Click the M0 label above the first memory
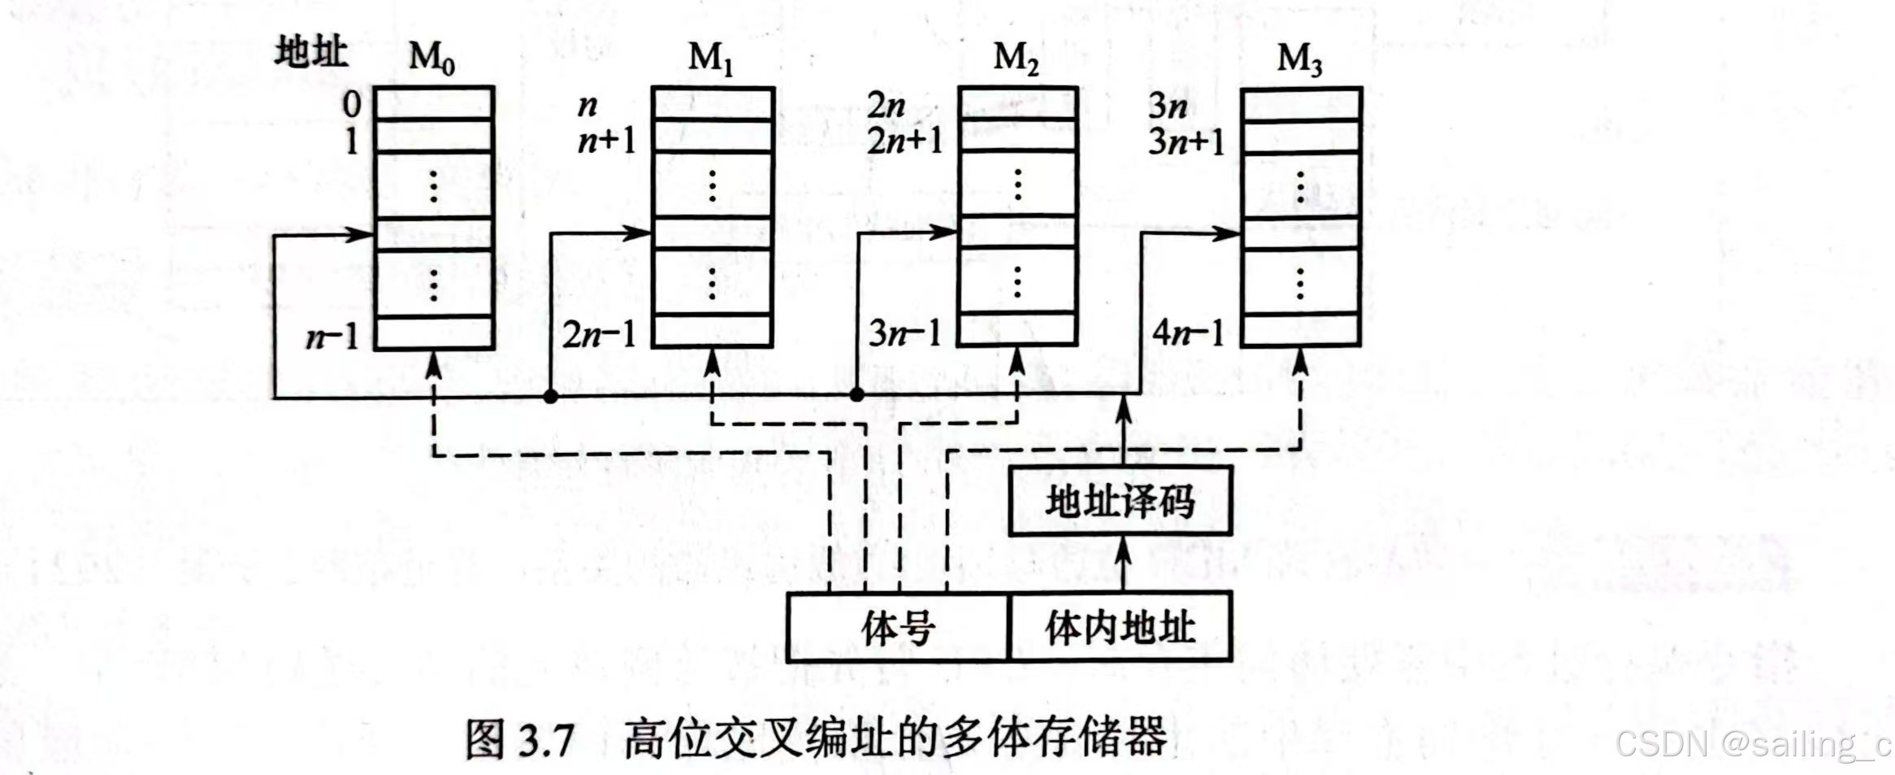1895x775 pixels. (x=431, y=58)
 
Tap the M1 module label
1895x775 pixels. (x=710, y=58)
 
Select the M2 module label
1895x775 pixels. (x=1016, y=58)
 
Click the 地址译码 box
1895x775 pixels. (x=1121, y=501)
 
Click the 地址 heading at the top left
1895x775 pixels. (x=311, y=53)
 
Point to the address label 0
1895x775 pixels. (x=351, y=104)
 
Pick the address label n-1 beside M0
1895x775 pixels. (x=332, y=335)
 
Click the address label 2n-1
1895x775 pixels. (x=599, y=334)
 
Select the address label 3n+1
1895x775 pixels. (x=1186, y=142)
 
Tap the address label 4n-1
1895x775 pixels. (x=1188, y=333)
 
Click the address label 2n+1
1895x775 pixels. (x=904, y=142)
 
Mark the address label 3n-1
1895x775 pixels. (x=904, y=333)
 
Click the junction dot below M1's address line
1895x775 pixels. (x=551, y=397)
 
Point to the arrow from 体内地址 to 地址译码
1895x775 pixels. (x=1123, y=563)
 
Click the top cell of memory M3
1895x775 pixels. (x=1300, y=104)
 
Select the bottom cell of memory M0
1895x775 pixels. (x=434, y=333)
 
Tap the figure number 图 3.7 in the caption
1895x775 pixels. (x=520, y=738)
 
